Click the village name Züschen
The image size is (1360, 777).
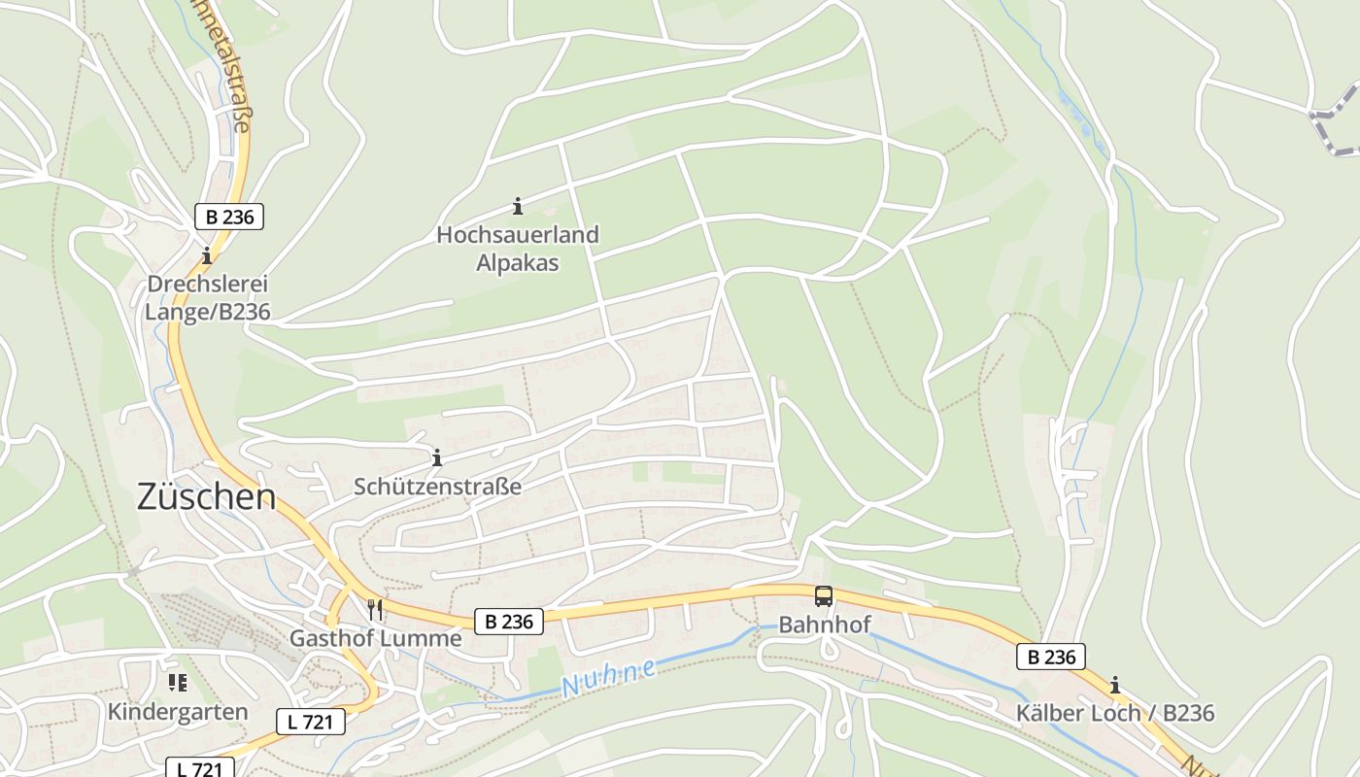206,497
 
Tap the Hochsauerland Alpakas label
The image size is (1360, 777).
518,249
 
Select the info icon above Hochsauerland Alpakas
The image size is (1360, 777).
518,206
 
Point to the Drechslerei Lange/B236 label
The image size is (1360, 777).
207,298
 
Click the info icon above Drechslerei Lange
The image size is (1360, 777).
207,256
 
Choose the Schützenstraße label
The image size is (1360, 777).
437,486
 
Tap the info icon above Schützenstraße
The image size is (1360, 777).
437,456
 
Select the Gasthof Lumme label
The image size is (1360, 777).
375,638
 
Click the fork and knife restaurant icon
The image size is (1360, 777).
375,610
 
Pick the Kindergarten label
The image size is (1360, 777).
178,711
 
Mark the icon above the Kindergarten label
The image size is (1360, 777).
177,683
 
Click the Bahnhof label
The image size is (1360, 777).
825,625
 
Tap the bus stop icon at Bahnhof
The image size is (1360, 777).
824,596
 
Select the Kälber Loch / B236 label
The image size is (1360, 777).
1115,713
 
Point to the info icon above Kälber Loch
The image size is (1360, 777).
1115,684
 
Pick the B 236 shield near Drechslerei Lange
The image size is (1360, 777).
229,217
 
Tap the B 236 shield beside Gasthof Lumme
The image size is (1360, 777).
508,621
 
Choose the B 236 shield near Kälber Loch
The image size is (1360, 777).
1051,657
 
